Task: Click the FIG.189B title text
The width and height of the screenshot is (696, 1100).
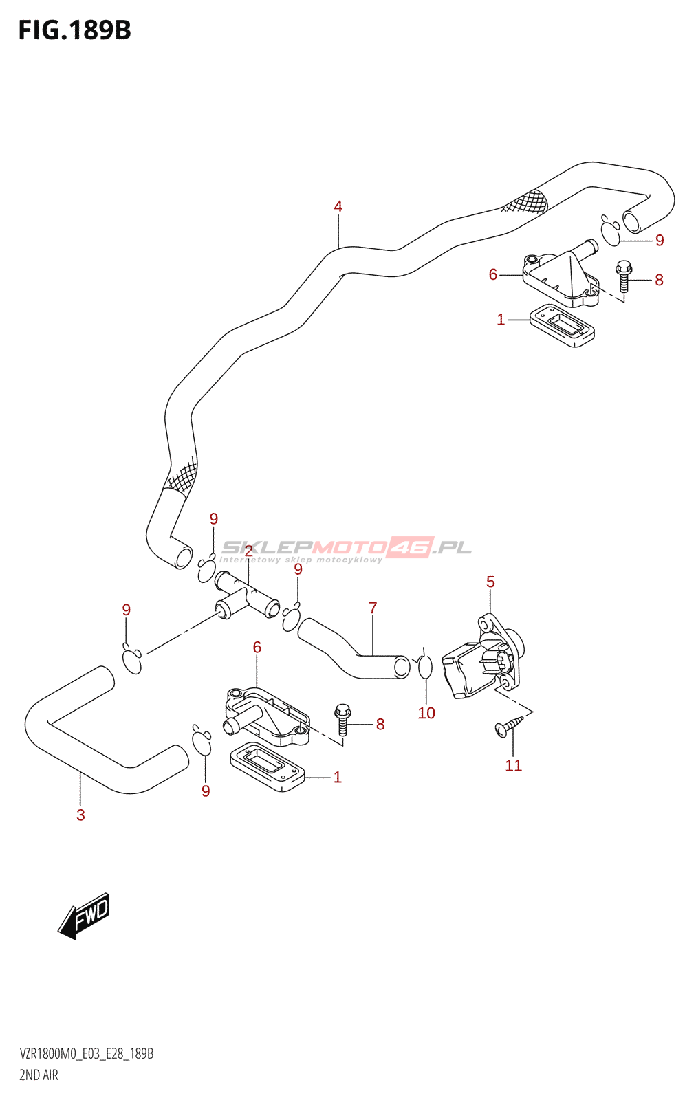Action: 74,30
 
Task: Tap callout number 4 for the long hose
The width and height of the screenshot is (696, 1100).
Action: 338,206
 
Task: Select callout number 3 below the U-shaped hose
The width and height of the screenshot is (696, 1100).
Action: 80,815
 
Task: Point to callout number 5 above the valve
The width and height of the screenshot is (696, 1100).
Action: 490,582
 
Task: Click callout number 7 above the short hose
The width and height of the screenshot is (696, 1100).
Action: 373,608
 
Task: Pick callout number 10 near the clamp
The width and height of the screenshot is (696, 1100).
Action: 426,714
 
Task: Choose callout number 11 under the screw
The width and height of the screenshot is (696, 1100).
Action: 513,766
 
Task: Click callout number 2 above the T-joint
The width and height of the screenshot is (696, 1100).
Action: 248,570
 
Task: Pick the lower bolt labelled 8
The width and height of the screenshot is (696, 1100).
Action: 342,718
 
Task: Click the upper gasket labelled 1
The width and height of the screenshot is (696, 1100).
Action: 562,324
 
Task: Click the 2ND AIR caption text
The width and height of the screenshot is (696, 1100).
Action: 39,1075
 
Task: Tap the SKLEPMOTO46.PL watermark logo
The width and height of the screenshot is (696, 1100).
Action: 347,548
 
